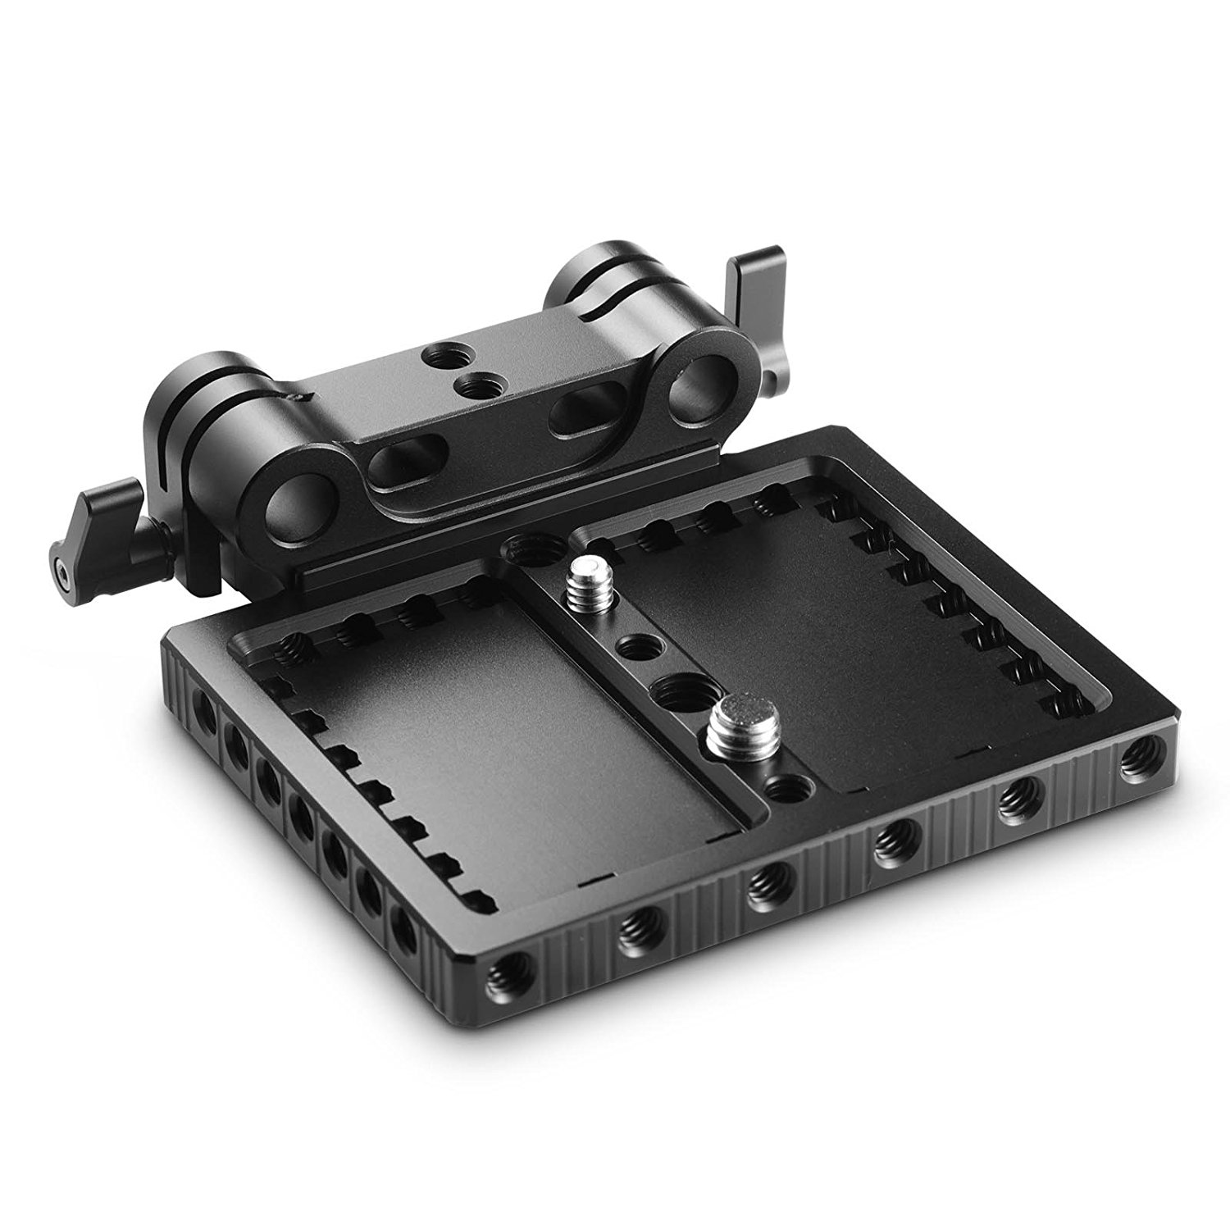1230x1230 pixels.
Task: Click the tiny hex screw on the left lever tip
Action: pyautogui.click(x=63, y=565)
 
